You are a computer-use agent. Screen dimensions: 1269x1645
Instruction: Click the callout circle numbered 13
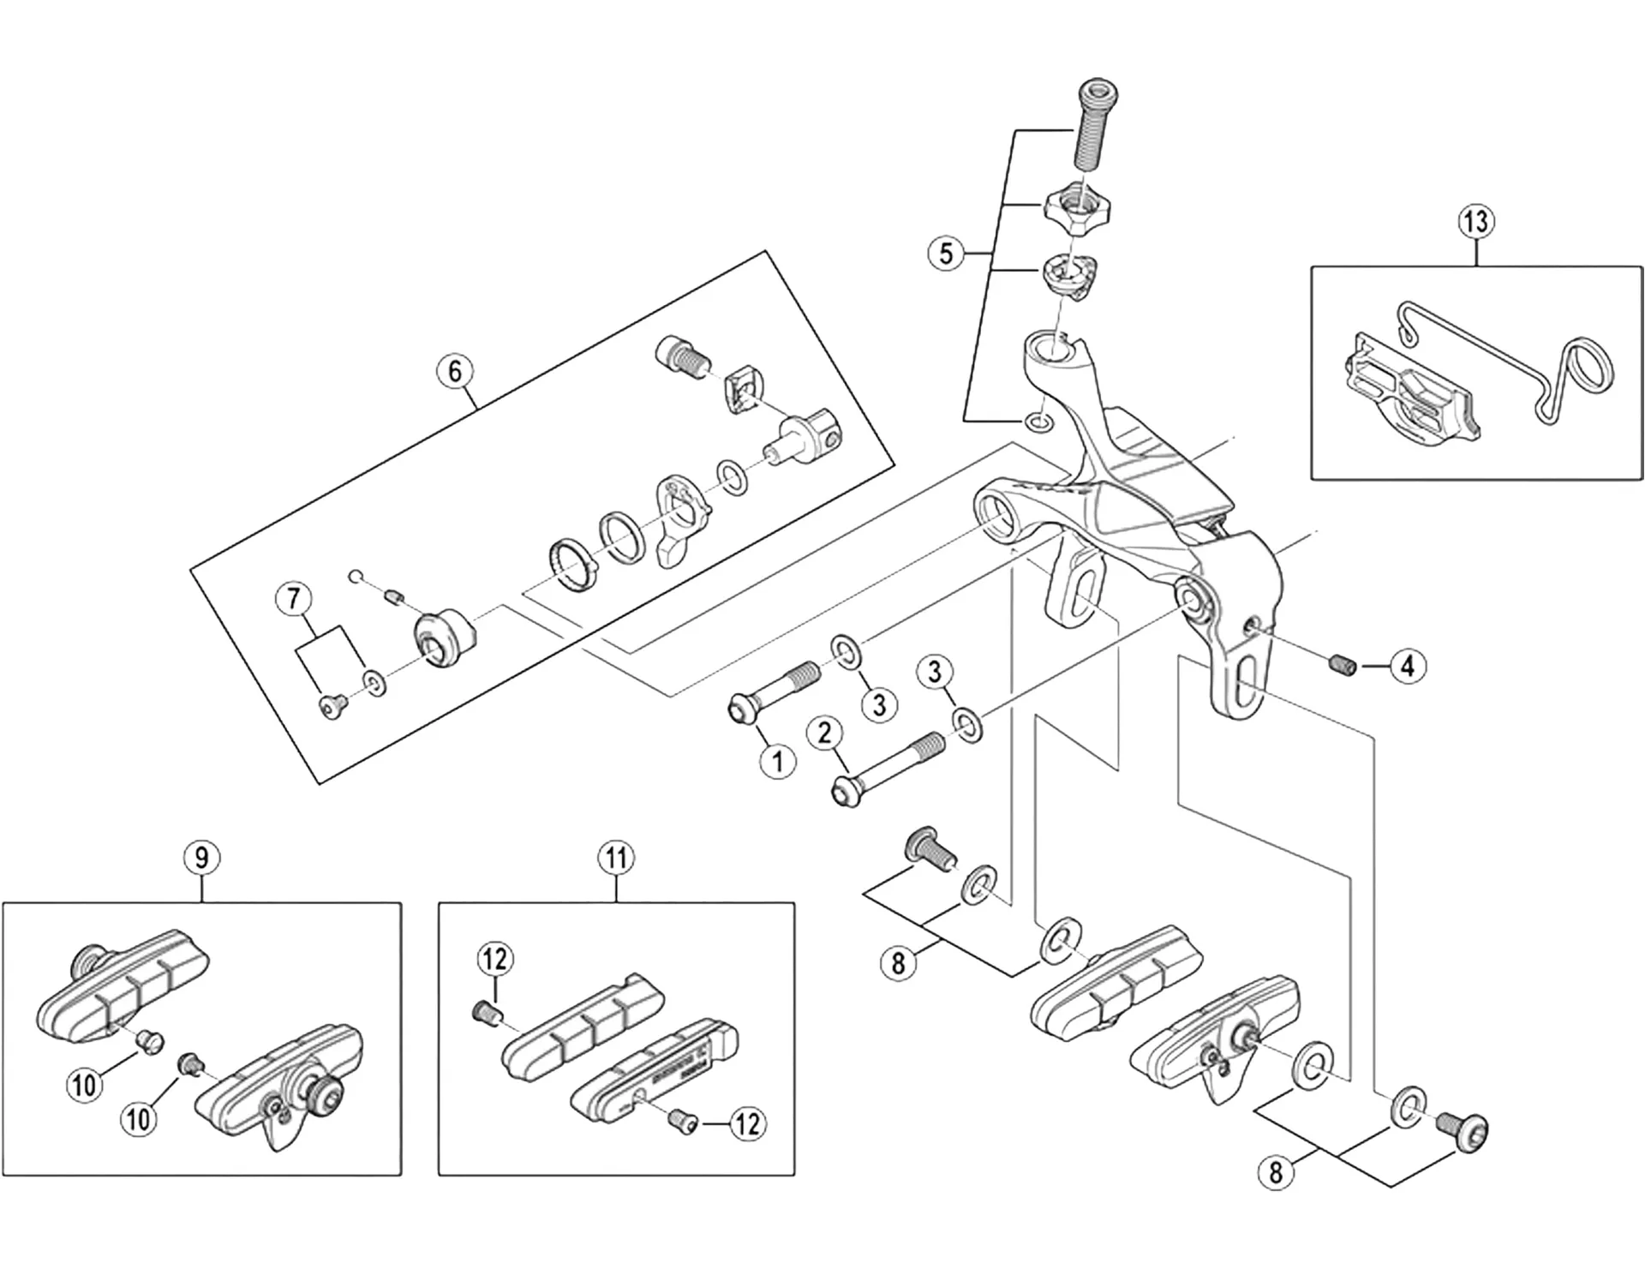[1475, 222]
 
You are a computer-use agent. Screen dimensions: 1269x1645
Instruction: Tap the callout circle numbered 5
[946, 254]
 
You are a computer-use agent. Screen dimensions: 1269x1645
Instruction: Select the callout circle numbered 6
[455, 371]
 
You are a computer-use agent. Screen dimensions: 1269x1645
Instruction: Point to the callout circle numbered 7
[294, 598]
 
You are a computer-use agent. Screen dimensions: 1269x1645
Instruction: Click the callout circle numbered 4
[1408, 666]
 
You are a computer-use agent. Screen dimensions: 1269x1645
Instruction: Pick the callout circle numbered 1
[778, 760]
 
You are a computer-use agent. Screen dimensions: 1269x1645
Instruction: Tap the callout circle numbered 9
[201, 858]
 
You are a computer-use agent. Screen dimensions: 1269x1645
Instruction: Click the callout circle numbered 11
[617, 858]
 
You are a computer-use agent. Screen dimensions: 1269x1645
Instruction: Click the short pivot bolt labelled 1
[771, 693]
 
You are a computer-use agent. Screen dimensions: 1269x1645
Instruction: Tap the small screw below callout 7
[332, 706]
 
